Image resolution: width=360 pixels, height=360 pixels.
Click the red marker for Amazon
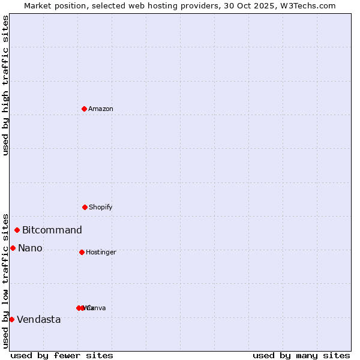84,109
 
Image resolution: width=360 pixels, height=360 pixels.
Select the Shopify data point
85,207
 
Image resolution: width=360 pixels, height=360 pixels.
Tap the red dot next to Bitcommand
17,230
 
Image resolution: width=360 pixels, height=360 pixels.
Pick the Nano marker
13,248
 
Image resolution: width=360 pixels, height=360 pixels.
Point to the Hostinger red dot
82,252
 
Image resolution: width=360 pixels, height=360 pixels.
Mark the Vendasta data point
11,319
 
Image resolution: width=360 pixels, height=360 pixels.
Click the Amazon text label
101,109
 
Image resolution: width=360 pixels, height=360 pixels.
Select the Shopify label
101,207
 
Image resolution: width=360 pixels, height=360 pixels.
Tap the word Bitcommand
52,230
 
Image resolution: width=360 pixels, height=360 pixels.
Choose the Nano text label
30,248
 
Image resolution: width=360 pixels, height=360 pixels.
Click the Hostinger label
101,252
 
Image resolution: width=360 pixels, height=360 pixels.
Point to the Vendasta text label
39,319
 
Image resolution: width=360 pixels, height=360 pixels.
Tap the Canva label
97,308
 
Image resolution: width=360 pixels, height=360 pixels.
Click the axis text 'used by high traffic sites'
5,85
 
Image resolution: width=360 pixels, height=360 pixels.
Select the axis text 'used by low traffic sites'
5,281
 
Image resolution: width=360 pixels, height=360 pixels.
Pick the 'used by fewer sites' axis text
62,355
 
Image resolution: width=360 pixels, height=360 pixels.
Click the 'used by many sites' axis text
301,355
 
